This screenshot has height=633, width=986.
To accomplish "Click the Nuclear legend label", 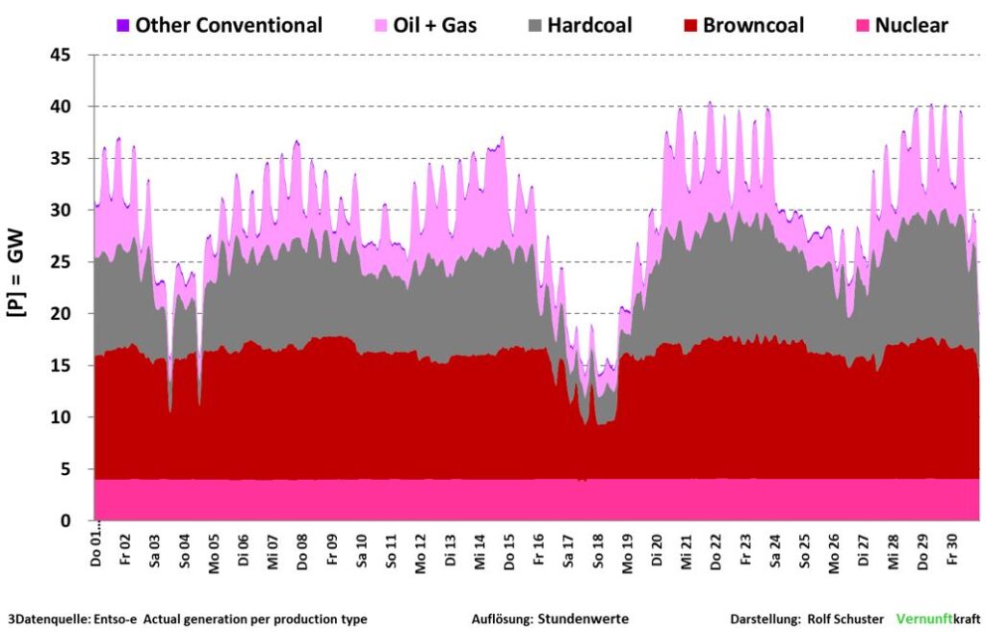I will tap(911, 25).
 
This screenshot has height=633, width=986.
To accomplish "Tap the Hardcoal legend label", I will tap(589, 25).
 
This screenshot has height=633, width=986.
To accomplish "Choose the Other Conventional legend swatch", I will tap(122, 25).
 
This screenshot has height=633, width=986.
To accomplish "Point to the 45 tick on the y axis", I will tap(72, 55).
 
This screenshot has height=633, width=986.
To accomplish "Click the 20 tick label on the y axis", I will tap(72, 314).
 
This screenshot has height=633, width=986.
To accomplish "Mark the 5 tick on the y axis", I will tap(77, 469).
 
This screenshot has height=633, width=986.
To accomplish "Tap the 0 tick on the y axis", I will tap(77, 521).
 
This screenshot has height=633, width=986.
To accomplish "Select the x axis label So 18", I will tap(598, 552).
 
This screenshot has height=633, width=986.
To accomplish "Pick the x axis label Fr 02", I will tap(124, 552).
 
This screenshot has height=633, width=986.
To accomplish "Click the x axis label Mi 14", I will tap(480, 552).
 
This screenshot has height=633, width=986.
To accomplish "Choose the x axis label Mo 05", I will tap(213, 552).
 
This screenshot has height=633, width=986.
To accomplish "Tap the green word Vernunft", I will tap(922, 619).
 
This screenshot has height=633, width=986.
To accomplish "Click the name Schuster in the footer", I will tap(857, 619).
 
